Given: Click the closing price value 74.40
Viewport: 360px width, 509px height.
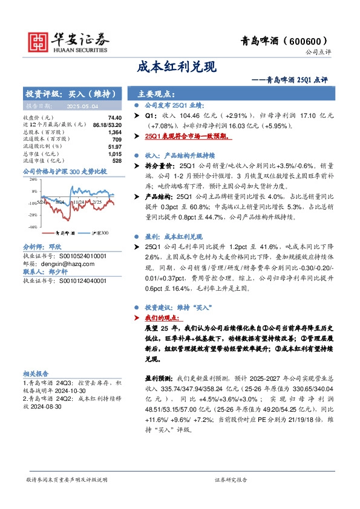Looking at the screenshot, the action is click(x=114, y=117).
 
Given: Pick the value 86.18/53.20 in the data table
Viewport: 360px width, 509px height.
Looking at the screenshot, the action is click(x=108, y=125).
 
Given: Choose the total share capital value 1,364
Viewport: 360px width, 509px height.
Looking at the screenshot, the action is click(x=114, y=132).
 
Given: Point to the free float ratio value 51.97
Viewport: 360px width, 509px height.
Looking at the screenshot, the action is click(x=114, y=146).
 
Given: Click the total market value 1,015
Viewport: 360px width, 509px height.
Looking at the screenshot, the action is click(x=114, y=154).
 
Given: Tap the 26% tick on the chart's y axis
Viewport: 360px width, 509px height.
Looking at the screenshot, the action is click(x=33, y=180).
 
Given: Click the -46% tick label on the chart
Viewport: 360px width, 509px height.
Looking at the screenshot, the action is click(x=32, y=227).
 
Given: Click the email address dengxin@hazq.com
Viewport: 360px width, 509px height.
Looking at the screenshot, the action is click(x=64, y=264).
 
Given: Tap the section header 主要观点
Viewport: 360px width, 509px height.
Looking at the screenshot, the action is click(x=156, y=94).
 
